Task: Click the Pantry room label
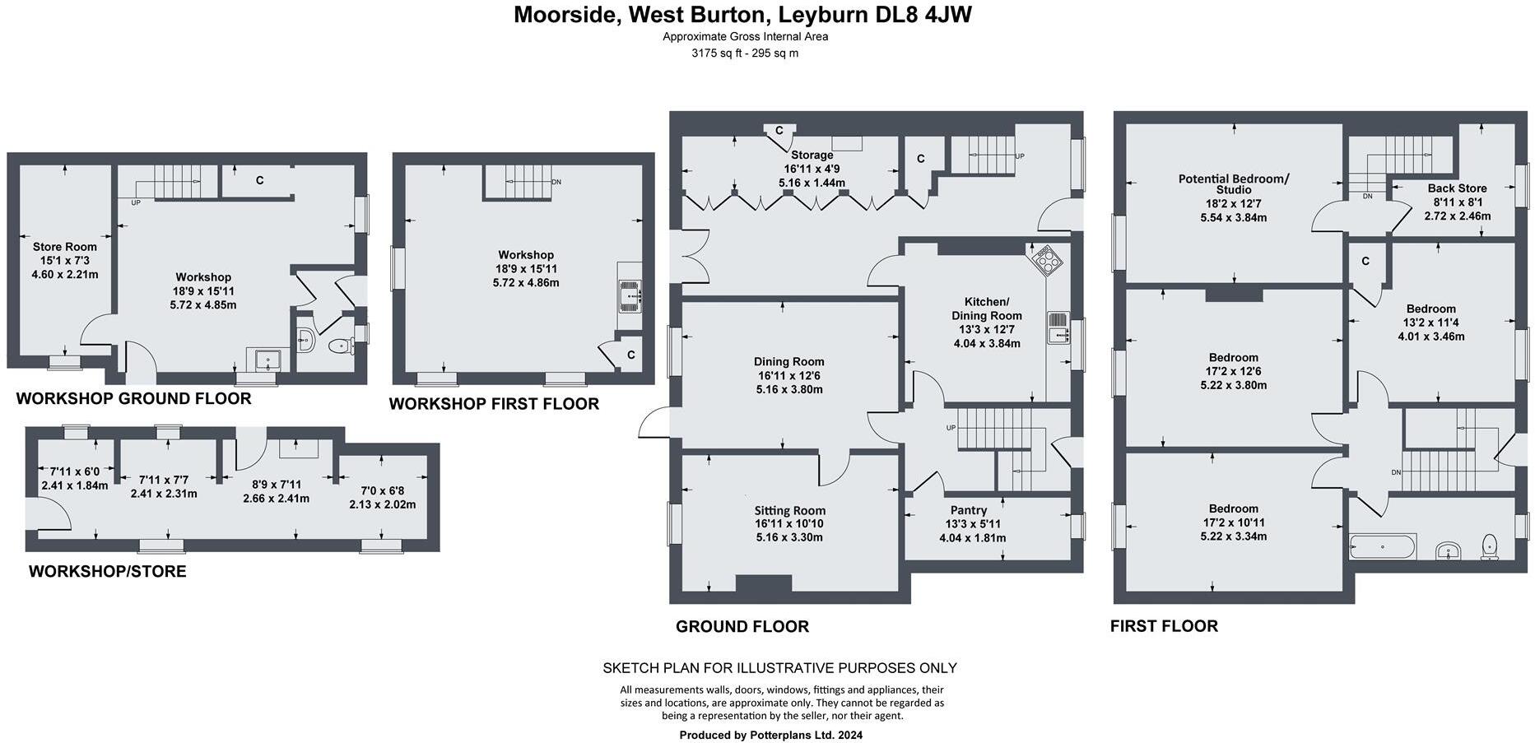pyautogui.click(x=968, y=510)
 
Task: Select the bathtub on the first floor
pyautogui.click(x=1383, y=546)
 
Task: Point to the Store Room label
pyautogui.click(x=65, y=247)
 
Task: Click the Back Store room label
pyautogui.click(x=1457, y=188)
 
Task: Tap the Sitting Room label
pyautogui.click(x=789, y=510)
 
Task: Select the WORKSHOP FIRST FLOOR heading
pyautogui.click(x=494, y=404)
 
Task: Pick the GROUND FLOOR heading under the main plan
pyautogui.click(x=742, y=626)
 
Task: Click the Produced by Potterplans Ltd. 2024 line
pyautogui.click(x=770, y=735)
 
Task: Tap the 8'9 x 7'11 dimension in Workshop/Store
pyautogui.click(x=276, y=485)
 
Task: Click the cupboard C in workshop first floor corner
pyautogui.click(x=629, y=355)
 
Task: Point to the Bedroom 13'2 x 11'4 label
pyautogui.click(x=1430, y=309)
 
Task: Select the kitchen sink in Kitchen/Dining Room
pyautogui.click(x=1057, y=327)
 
